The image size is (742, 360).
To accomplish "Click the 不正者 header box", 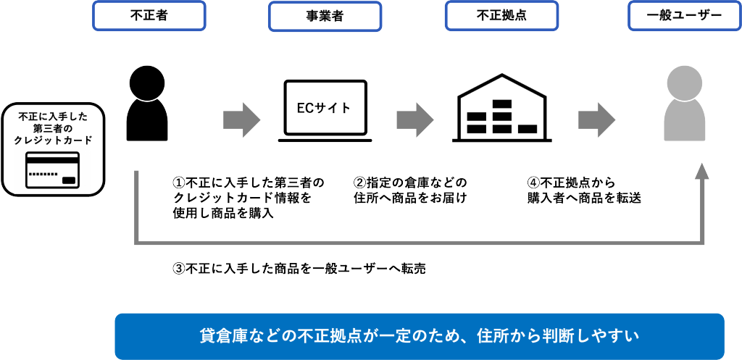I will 149,15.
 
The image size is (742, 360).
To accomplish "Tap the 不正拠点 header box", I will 501,15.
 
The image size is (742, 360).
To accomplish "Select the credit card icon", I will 53,170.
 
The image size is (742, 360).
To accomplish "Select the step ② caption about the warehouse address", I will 410,190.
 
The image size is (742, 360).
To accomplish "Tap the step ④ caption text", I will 584,190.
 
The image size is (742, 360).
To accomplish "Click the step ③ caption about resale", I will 299,268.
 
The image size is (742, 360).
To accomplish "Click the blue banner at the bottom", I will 420,336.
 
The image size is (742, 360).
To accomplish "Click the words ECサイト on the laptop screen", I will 324,108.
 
